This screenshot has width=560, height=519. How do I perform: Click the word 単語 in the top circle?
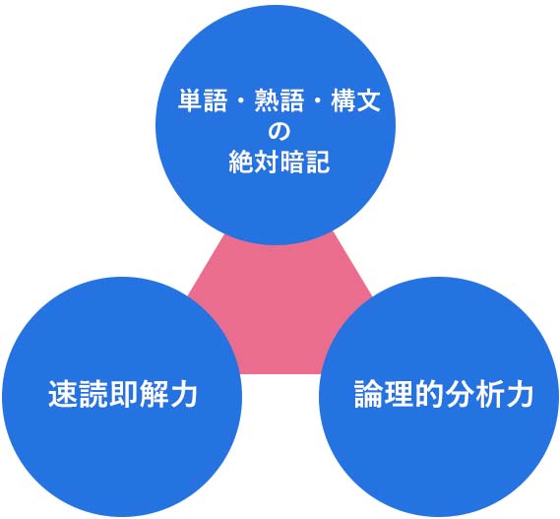(203, 100)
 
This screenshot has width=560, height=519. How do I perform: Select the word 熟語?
(279, 100)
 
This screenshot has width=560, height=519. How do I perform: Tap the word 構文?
(355, 100)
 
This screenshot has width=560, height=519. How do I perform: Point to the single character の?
(279, 132)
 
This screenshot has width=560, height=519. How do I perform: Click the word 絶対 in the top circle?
(254, 162)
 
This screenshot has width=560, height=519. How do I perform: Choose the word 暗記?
(305, 162)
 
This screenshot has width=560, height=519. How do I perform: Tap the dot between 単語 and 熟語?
(241, 101)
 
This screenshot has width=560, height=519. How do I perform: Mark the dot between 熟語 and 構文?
(317, 101)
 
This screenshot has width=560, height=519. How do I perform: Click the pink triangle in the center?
(280, 311)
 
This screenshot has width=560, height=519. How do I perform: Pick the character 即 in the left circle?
(122, 394)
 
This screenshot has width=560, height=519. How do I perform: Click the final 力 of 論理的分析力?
(519, 394)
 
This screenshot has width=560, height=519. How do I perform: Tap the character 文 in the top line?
(368, 100)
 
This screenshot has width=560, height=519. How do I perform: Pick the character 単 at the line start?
(190, 100)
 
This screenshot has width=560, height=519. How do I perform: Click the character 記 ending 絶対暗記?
(318, 162)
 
